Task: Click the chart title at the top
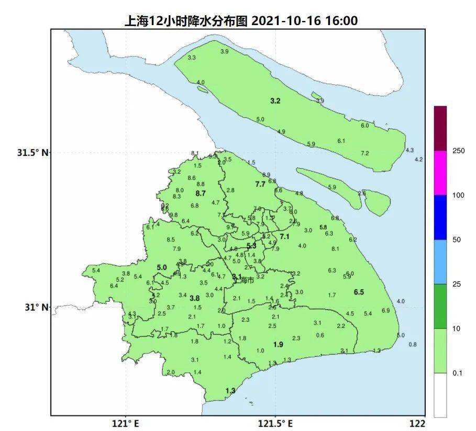pyautogui.click(x=240, y=21)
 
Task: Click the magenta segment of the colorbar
pyautogui.click(x=440, y=173)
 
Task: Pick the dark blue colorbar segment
pyautogui.click(x=440, y=217)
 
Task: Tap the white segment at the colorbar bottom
pyautogui.click(x=440, y=394)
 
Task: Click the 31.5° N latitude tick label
pyautogui.click(x=32, y=153)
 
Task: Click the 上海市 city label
pyautogui.click(x=245, y=280)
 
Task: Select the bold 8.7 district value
pyautogui.click(x=200, y=194)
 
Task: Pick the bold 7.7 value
pyautogui.click(x=260, y=184)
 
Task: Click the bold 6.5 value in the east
pyautogui.click(x=359, y=292)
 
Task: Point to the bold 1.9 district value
pyautogui.click(x=278, y=344)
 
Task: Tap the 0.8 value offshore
pyautogui.click(x=413, y=344)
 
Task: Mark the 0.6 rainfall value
pyautogui.click(x=320, y=335)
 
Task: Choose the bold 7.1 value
pyautogui.click(x=284, y=237)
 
